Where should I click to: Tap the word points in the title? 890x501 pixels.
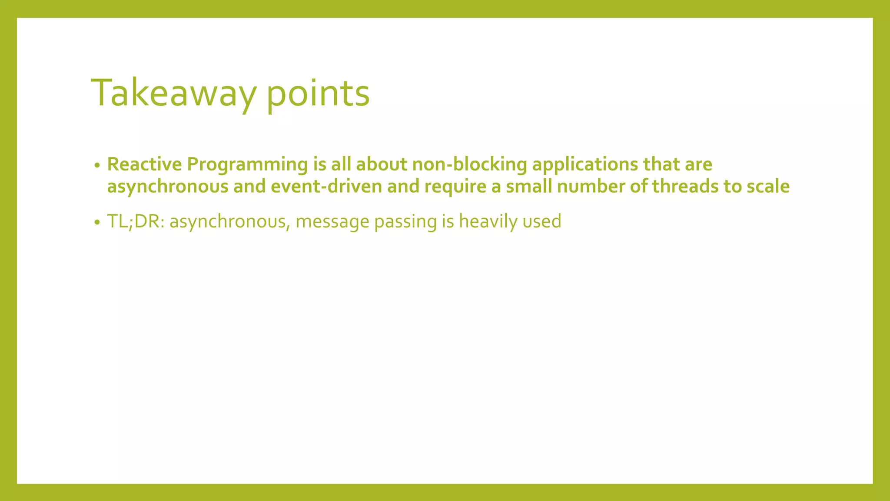point(318,93)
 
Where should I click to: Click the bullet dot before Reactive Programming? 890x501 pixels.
point(97,166)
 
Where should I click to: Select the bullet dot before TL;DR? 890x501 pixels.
point(97,223)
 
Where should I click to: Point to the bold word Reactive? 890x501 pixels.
point(144,164)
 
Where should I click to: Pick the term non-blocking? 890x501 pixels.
point(469,164)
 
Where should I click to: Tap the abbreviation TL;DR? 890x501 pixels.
point(136,221)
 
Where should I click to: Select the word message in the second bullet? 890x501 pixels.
point(332,222)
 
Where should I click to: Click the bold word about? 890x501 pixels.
point(382,164)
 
